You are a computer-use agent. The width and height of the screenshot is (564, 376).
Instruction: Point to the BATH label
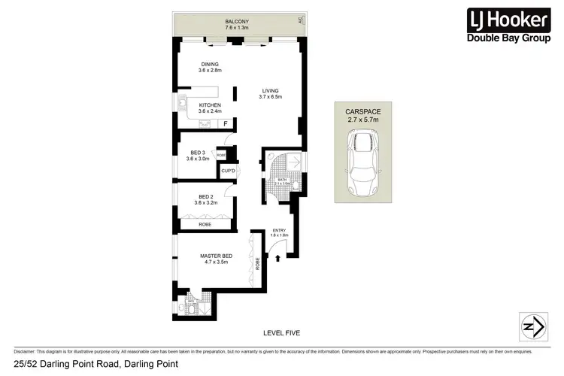282,181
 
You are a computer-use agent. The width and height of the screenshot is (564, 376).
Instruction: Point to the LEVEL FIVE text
282,332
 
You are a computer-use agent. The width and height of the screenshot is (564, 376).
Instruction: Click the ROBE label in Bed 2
205,224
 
